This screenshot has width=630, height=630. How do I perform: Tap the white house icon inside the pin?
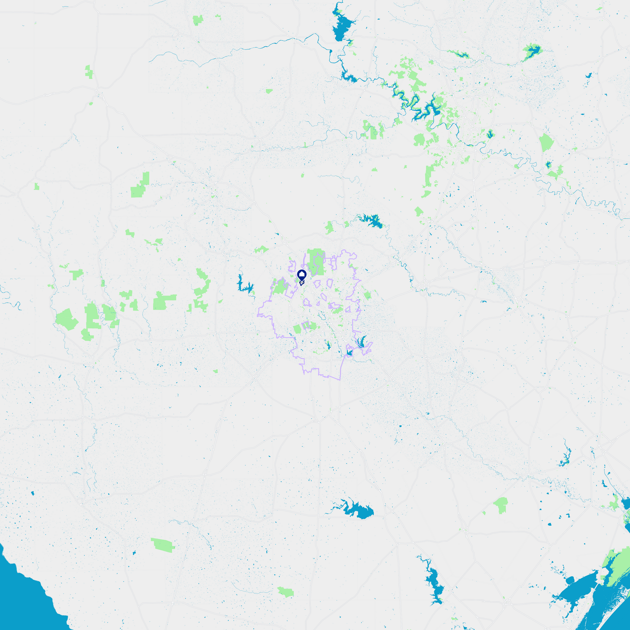(x=302, y=274)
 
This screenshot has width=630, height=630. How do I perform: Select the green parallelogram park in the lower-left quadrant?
(x=163, y=545)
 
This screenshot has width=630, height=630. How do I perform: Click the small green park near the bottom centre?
(x=286, y=592)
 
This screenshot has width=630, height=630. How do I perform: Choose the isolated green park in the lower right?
(x=501, y=505)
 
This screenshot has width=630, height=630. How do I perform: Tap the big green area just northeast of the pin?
(x=315, y=261)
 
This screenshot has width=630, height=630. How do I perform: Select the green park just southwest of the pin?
(x=280, y=286)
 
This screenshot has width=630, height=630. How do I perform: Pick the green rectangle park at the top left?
(x=198, y=20)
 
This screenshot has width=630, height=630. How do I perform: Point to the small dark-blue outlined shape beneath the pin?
(x=301, y=283)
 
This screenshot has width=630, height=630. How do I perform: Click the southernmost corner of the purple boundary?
(x=339, y=379)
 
